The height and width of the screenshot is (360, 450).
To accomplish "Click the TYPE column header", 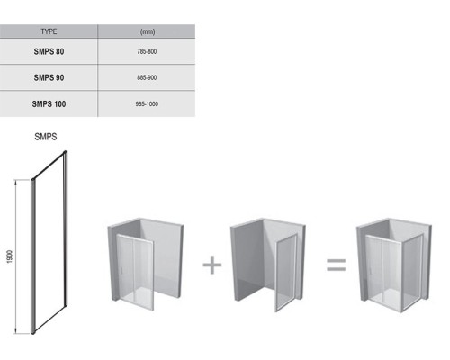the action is click(49, 31).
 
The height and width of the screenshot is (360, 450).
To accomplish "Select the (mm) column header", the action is click(148, 31).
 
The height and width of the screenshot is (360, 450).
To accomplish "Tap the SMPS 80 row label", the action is click(49, 51).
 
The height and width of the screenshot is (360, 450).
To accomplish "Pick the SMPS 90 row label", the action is click(49, 77).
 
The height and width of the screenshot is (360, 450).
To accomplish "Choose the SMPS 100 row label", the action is click(49, 104).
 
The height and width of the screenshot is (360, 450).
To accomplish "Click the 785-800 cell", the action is click(147, 51).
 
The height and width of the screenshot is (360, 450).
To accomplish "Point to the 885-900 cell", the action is click(147, 77).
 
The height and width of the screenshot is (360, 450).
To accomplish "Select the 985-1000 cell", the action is click(147, 104).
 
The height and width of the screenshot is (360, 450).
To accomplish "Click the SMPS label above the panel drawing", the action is click(46, 137).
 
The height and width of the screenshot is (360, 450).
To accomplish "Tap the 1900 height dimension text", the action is click(10, 256).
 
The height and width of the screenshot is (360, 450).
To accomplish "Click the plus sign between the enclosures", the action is click(212, 265).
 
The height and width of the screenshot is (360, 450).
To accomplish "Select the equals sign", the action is click(336, 265).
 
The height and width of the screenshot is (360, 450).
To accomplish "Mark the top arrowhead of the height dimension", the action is click(16, 182).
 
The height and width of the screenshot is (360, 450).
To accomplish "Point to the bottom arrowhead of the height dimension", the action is click(16, 331).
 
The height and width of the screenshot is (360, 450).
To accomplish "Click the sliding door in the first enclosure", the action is click(135, 272).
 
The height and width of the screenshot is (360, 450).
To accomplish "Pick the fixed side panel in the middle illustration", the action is click(286, 273).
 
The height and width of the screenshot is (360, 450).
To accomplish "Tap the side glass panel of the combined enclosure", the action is click(412, 273).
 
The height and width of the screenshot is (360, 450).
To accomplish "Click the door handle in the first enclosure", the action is click(121, 269).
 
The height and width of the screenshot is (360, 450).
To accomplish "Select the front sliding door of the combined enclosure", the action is click(384, 272).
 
